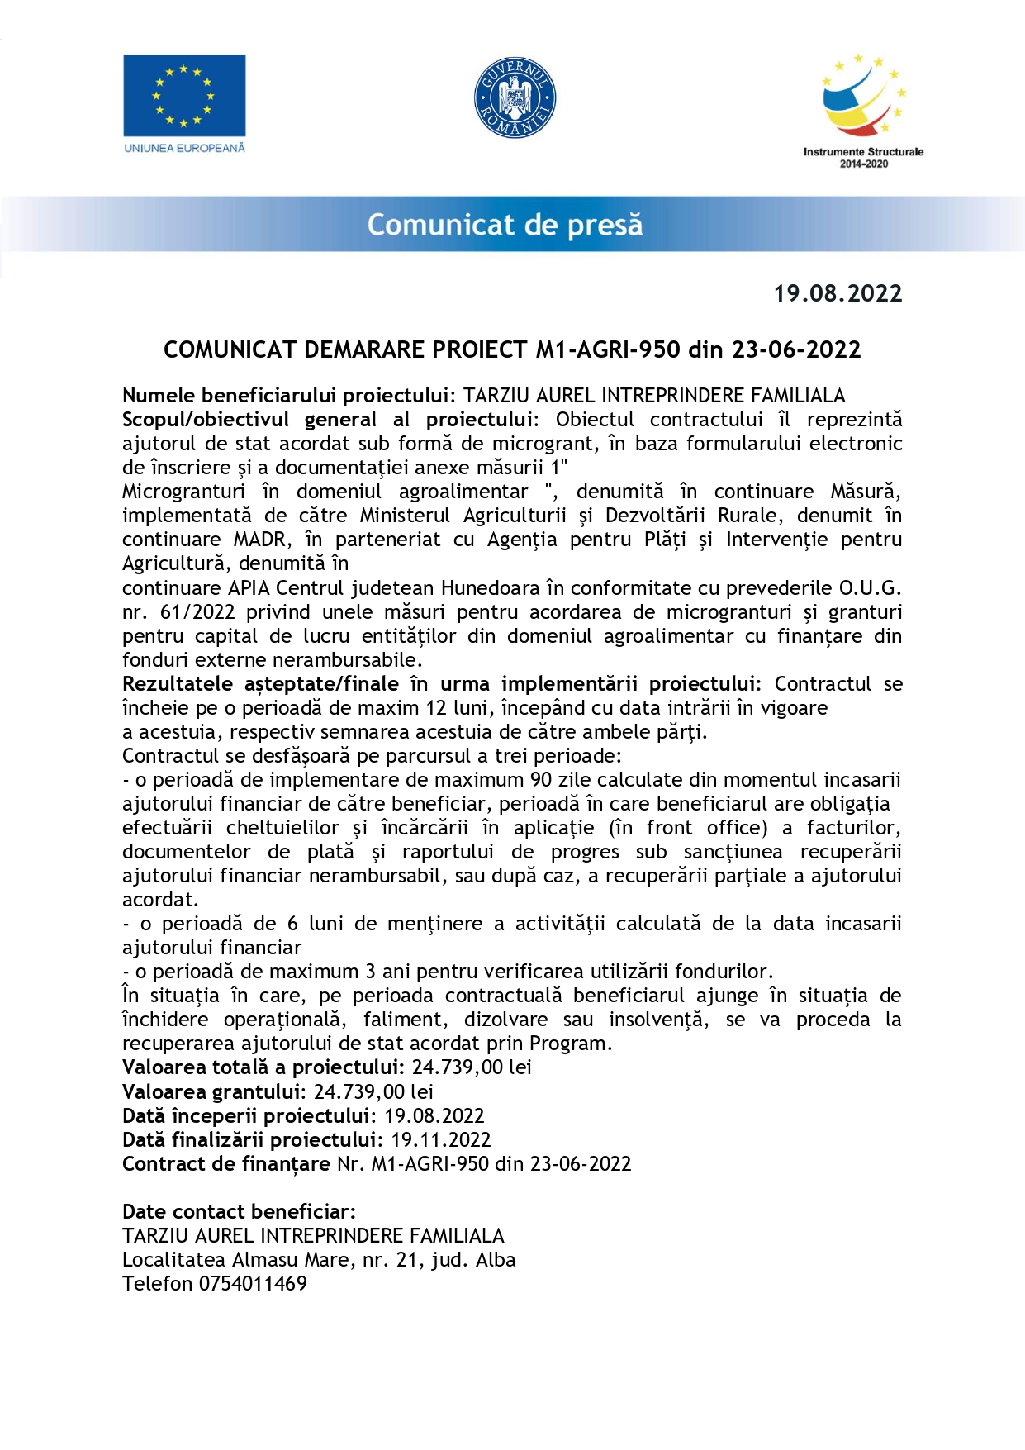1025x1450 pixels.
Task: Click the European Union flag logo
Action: (184, 95)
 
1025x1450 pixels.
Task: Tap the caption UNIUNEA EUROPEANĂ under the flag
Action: (184, 148)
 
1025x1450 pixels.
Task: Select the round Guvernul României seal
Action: (515, 97)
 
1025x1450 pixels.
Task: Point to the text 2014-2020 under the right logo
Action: (864, 164)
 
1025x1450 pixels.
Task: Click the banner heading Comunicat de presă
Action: (505, 225)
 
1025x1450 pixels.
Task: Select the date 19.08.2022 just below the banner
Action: (838, 293)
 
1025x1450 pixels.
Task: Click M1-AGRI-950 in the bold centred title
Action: (608, 349)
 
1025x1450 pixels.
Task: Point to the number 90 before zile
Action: (540, 780)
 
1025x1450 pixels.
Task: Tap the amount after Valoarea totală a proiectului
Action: (472, 1067)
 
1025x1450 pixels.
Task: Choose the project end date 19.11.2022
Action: (440, 1140)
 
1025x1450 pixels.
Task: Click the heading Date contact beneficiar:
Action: (239, 1212)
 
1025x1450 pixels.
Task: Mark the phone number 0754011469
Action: (253, 1284)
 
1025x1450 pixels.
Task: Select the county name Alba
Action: (496, 1260)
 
